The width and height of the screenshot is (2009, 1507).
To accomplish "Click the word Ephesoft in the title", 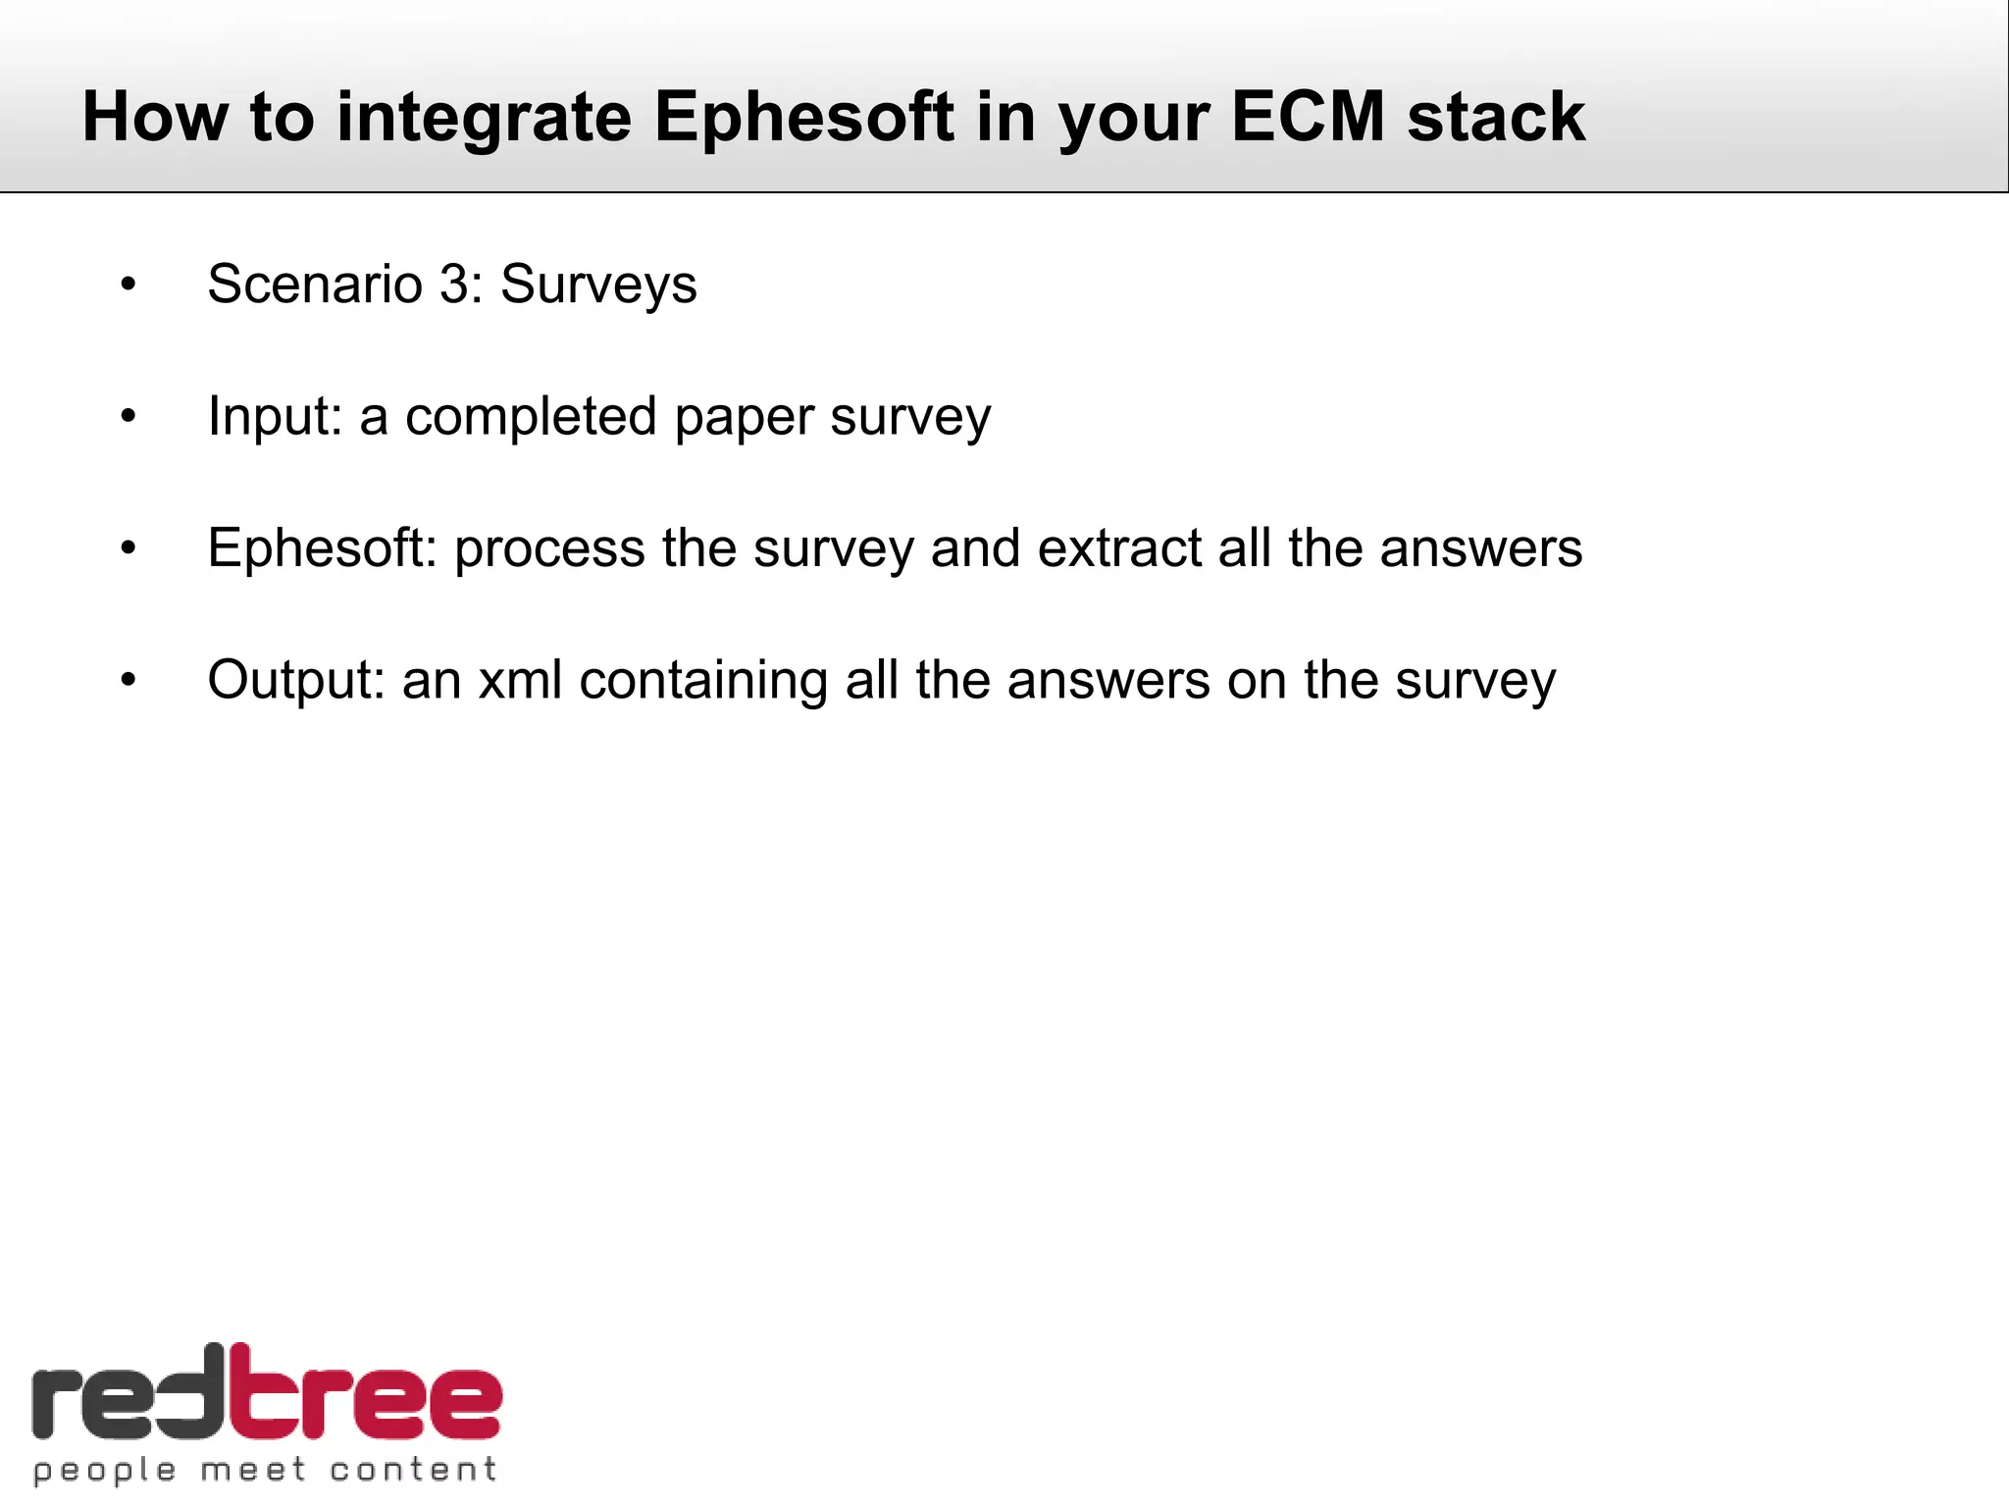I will (803, 118).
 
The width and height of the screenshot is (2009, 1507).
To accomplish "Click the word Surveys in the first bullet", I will (598, 286).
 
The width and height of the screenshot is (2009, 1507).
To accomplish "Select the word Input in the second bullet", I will (274, 417).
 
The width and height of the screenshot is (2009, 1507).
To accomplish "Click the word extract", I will (1118, 547).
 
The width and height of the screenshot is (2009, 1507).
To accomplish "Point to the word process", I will (548, 549).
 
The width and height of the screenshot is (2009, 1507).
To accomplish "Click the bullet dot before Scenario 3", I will (129, 286).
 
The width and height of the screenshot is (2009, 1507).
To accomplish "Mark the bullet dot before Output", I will (129, 680).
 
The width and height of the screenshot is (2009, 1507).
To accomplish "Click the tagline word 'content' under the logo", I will (413, 1470).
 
